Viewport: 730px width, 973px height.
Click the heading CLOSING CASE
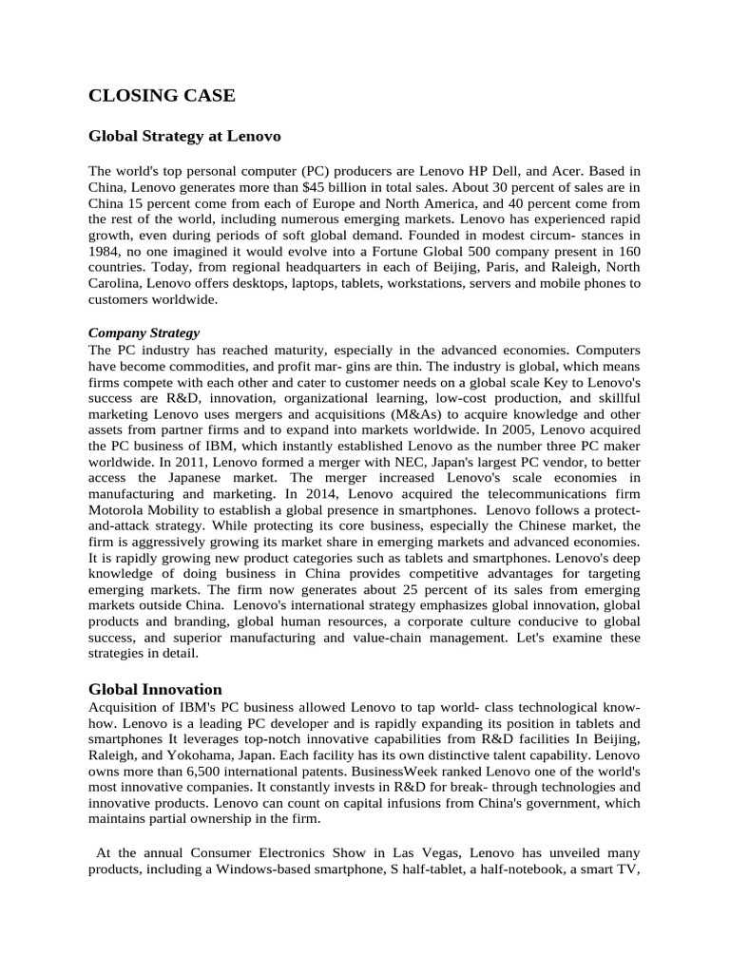click(162, 95)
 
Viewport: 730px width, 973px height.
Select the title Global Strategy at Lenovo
click(184, 137)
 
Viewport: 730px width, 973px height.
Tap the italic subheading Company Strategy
click(144, 333)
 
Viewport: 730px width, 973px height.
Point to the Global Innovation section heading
click(155, 690)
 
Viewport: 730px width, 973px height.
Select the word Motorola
click(117, 510)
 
